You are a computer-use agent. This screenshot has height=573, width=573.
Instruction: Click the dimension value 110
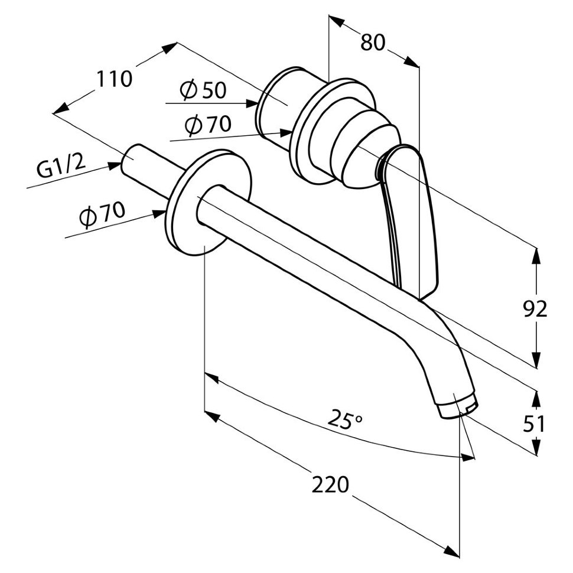pos(115,79)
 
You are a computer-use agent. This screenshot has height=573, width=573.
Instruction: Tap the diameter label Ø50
pos(203,90)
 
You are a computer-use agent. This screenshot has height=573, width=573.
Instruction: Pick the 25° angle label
pos(346,421)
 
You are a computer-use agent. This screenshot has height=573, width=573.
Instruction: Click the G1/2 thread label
pos(61,168)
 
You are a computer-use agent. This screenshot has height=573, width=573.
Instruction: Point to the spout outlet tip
pos(458,408)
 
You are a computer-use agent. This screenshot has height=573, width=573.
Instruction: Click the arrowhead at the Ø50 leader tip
pos(252,103)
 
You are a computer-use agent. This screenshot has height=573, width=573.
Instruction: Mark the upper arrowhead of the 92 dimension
pos(536,254)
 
